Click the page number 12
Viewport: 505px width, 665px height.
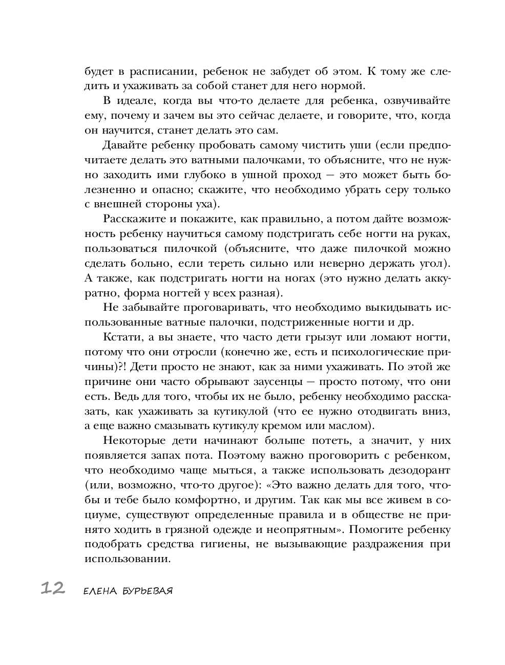click(x=53, y=589)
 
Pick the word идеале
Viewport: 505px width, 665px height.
click(x=140, y=101)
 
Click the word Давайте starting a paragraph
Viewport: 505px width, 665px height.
click(x=125, y=145)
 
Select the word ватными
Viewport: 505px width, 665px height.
click(x=211, y=160)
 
